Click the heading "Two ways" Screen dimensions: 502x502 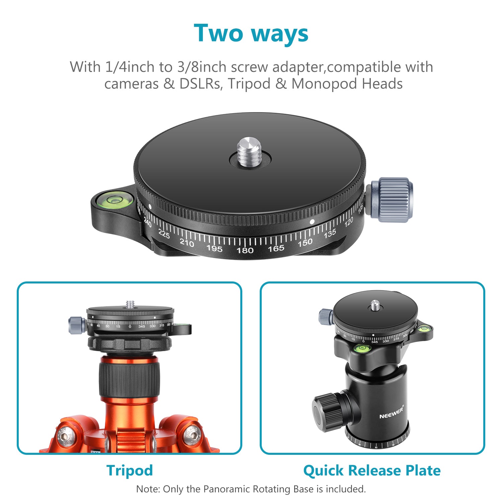click(x=251, y=33)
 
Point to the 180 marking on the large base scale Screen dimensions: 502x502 click(x=245, y=250)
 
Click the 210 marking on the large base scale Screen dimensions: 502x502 click(x=187, y=243)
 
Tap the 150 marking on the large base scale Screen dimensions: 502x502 click(x=305, y=243)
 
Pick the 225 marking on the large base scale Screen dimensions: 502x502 click(x=164, y=234)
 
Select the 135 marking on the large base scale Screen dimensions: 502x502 click(x=330, y=234)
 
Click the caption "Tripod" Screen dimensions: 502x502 click(x=130, y=470)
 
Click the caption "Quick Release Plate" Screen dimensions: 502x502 click(x=372, y=470)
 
